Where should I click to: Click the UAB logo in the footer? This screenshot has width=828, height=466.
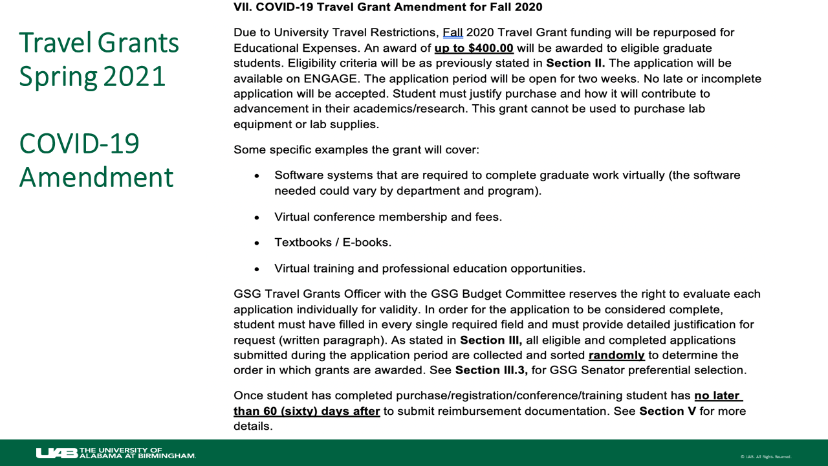[56, 453]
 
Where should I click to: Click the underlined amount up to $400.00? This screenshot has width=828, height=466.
[474, 48]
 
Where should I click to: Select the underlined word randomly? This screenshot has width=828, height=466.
[616, 355]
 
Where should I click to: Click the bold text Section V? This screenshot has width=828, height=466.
[668, 411]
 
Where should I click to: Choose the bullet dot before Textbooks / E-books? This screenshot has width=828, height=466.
[257, 243]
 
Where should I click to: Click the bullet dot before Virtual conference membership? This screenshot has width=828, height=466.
[257, 217]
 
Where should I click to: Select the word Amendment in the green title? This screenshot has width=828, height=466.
[96, 177]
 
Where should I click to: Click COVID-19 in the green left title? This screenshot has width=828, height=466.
[79, 143]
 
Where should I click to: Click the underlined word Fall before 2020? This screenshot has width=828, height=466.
[453, 32]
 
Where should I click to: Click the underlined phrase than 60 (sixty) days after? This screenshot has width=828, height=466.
[307, 411]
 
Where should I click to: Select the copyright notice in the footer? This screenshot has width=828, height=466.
[766, 457]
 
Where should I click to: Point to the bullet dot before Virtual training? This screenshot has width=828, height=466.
[257, 269]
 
